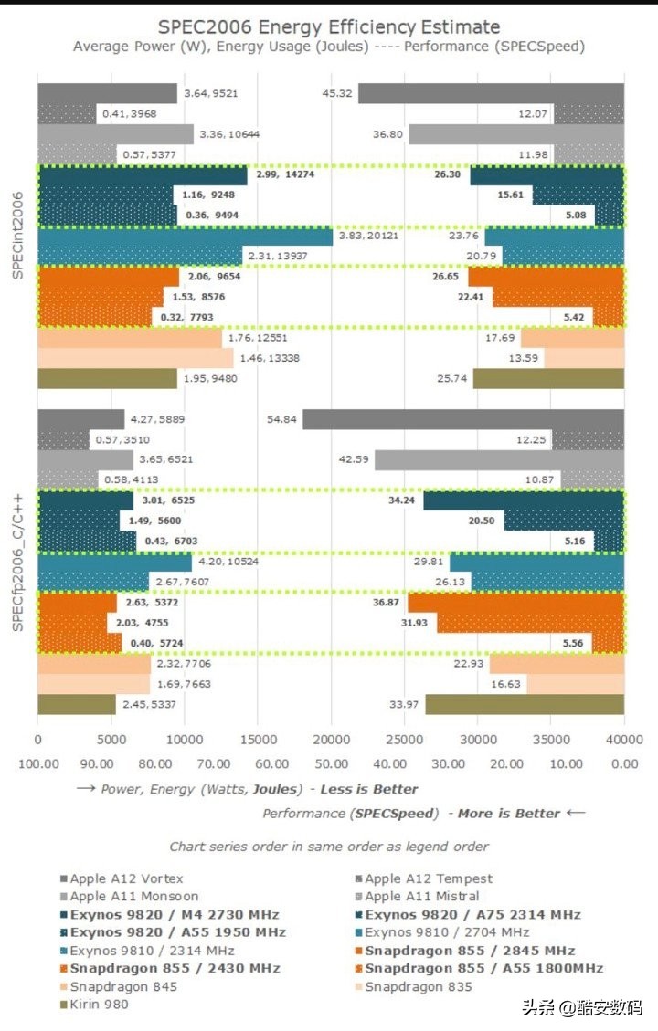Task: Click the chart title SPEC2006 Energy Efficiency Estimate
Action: pyautogui.click(x=329, y=26)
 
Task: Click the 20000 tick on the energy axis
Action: pyautogui.click(x=331, y=742)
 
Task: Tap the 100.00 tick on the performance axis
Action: pyautogui.click(x=37, y=763)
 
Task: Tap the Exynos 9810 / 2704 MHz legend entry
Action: pyautogui.click(x=447, y=932)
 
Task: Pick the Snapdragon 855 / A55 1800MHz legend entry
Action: pyautogui.click(x=484, y=968)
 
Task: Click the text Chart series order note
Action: pyautogui.click(x=329, y=847)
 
